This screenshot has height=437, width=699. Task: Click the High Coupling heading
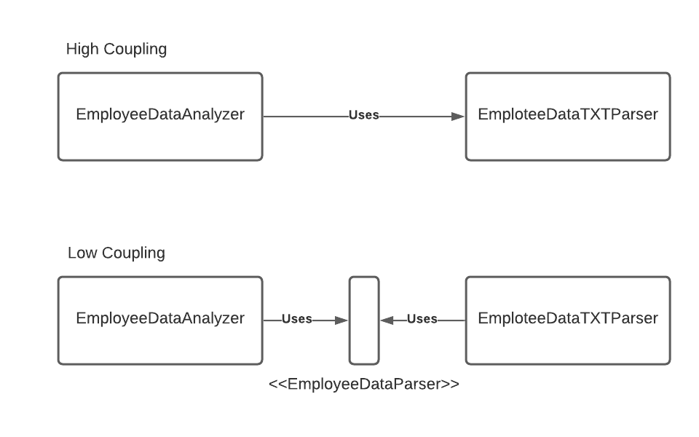tap(116, 49)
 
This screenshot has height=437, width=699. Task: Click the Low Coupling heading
tap(116, 253)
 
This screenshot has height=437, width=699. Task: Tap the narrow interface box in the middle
tap(364, 320)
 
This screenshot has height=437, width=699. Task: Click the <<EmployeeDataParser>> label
tap(364, 384)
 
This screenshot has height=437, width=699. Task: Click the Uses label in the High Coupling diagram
tap(364, 115)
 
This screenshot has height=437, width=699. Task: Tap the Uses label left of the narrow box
tap(297, 319)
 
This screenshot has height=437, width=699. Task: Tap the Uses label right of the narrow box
tap(422, 319)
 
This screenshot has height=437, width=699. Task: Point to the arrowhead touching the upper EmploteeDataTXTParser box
tap(458, 116)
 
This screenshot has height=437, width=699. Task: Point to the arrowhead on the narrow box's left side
tap(341, 320)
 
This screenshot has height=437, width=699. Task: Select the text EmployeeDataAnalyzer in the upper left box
tap(160, 114)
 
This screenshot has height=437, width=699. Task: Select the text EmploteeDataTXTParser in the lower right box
tap(568, 318)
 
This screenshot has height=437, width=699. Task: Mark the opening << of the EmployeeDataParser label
tap(277, 384)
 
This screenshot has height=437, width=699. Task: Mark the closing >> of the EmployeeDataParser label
tap(451, 384)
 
